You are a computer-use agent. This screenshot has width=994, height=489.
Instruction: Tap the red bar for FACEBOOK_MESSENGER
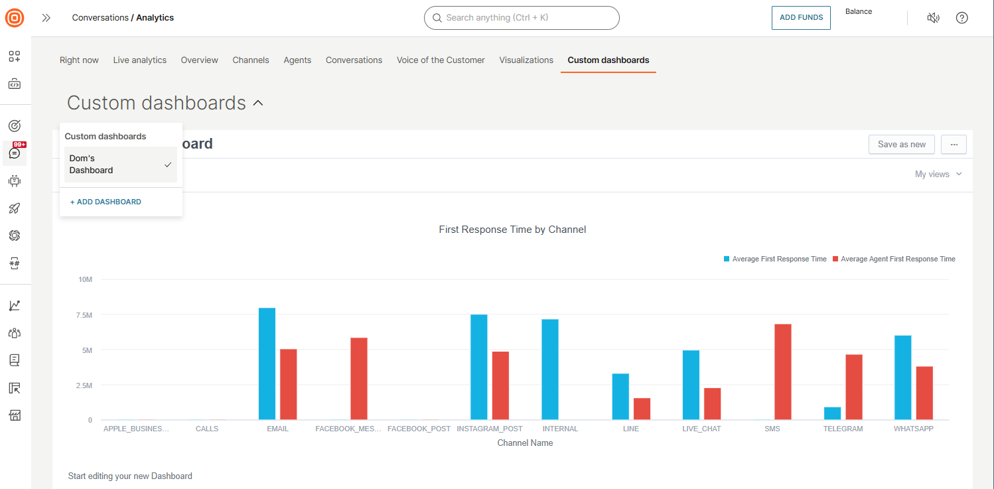tap(359, 379)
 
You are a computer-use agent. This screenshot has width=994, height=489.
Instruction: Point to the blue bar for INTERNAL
tap(550, 370)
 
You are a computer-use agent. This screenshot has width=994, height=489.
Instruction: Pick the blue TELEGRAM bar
tap(832, 413)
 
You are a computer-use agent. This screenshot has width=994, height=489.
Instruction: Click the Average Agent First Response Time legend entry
tap(898, 259)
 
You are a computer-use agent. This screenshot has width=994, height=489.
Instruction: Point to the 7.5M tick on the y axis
tap(85, 314)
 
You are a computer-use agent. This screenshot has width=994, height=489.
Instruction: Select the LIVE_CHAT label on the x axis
tap(701, 429)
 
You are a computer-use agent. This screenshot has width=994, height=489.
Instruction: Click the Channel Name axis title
tap(525, 443)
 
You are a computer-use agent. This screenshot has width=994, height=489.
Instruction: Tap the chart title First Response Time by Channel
tap(512, 230)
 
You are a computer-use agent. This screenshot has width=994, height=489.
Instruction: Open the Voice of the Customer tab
tap(441, 60)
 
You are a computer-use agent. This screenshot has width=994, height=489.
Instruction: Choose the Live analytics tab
tap(139, 60)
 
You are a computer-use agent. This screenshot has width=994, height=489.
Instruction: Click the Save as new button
tap(901, 144)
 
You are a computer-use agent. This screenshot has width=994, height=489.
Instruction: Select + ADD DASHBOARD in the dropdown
tap(106, 202)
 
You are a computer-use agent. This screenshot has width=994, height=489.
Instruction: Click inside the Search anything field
tap(524, 18)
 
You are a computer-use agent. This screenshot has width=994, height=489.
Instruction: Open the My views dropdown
tap(938, 174)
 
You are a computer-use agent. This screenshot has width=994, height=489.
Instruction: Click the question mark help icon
tap(961, 18)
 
